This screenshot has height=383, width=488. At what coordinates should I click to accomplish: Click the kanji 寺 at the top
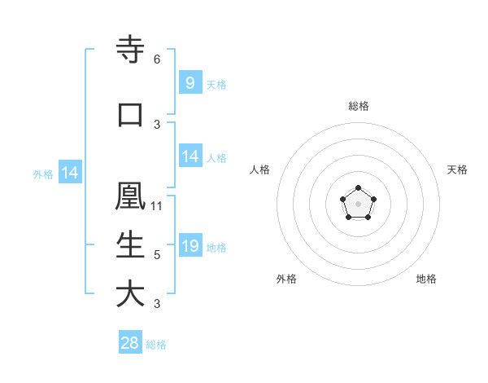coord(130,51)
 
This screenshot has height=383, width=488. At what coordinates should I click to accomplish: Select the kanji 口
coord(130,115)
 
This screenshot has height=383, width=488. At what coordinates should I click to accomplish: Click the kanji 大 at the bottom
coord(130,294)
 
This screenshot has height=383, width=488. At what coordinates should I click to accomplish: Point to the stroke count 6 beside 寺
coord(157,59)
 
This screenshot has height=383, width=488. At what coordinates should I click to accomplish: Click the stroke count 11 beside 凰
coord(157,205)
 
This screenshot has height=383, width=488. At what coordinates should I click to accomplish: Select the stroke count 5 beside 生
coord(157,255)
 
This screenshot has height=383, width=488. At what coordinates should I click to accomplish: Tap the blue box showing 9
coord(190,82)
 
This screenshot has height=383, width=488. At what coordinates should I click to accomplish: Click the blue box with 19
coord(190,246)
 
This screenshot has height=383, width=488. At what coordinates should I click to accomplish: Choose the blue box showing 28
coord(130,343)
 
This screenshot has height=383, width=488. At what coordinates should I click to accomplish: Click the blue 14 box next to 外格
coord(69,173)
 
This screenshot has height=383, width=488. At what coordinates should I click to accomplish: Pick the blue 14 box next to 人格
coord(190,156)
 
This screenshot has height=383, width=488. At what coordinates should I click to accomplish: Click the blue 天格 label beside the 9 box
coord(216,84)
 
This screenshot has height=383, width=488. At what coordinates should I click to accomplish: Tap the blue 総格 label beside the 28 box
coord(156,345)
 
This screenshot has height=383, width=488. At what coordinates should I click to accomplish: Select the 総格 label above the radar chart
coord(358,106)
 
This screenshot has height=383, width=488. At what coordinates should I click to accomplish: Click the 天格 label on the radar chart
coord(458,169)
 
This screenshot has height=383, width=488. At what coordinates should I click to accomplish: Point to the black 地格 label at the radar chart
coord(426,279)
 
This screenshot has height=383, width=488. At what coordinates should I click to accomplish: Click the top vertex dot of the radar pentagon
coord(358,189)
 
